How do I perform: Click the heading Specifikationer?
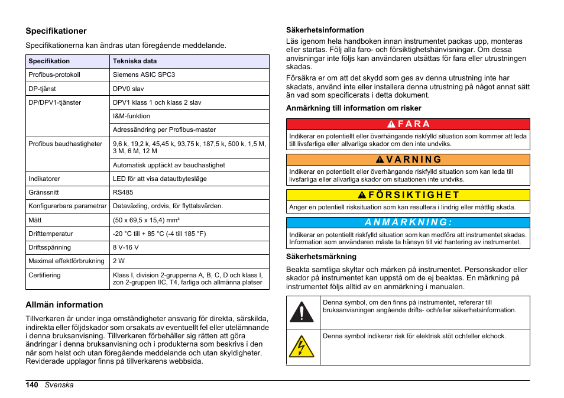56,31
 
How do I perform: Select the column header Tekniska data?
135,61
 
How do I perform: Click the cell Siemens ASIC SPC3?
144,75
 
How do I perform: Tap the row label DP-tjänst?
43,89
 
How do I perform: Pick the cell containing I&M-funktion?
131,116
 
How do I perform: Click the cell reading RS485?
123,192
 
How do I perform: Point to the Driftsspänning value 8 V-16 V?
126,247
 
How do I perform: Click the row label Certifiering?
44,275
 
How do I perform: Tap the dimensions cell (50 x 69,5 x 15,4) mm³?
146,220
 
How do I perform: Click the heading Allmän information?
64,305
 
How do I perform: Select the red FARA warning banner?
408,124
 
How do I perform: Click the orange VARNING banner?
408,160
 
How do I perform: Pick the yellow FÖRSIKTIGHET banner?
408,195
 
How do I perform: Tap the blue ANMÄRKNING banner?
408,222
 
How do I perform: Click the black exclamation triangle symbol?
302,312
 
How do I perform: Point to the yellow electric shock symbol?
302,347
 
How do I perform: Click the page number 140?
32,385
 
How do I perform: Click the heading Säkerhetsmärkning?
321,256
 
